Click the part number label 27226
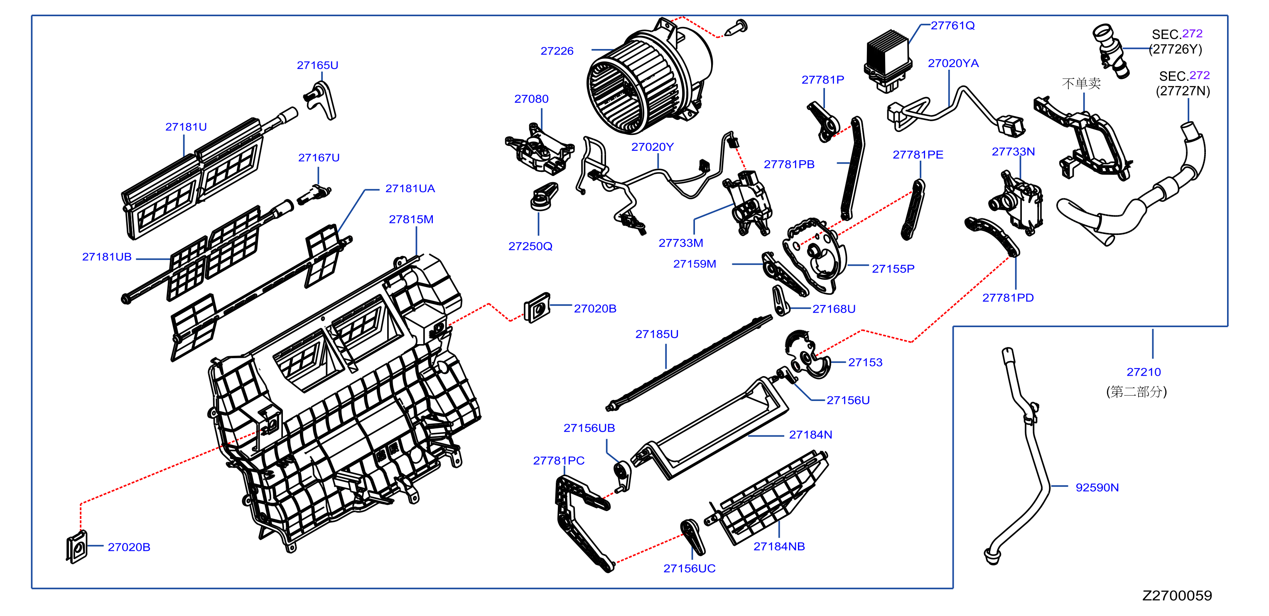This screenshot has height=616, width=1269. [x=557, y=51]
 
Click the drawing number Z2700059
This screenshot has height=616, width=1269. [x=1177, y=595]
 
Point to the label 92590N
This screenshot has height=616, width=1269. [x=1097, y=487]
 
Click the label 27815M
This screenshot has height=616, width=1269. [x=411, y=219]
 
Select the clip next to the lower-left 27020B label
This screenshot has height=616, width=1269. [x=77, y=547]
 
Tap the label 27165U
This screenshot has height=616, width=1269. [x=317, y=65]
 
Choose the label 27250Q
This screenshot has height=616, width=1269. [x=530, y=246]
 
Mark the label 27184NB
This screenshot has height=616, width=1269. [x=779, y=547]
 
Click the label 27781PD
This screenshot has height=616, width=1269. [x=1008, y=298]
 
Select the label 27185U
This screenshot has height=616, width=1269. [x=657, y=334]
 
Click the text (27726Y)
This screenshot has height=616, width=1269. [x=1176, y=49]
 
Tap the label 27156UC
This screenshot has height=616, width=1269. [x=689, y=569]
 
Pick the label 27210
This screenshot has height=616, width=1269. [x=1144, y=372]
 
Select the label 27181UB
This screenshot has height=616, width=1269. [x=107, y=257]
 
